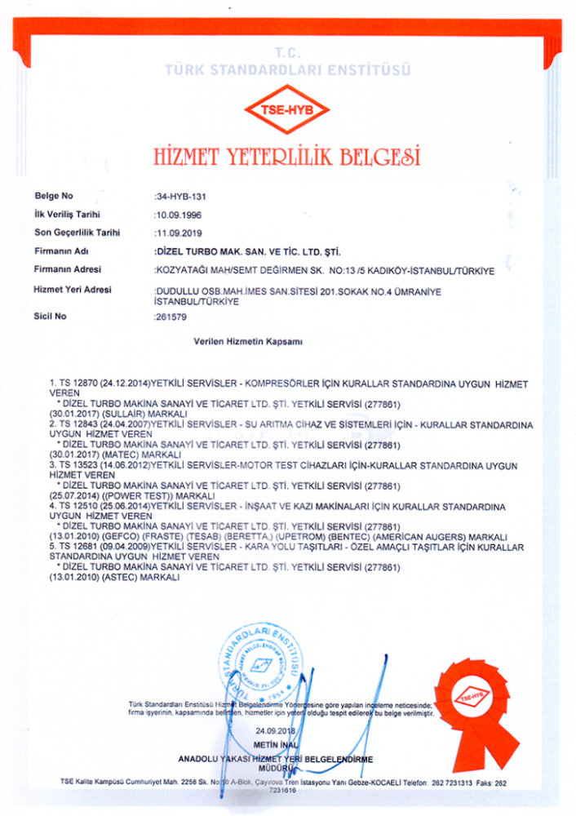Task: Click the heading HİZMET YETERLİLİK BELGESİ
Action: (x=286, y=154)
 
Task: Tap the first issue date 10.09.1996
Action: (x=177, y=215)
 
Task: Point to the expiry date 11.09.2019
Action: (x=177, y=233)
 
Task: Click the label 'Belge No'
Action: (x=54, y=196)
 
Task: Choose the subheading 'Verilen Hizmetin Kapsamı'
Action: (x=248, y=342)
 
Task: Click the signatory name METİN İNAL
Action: (x=277, y=746)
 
